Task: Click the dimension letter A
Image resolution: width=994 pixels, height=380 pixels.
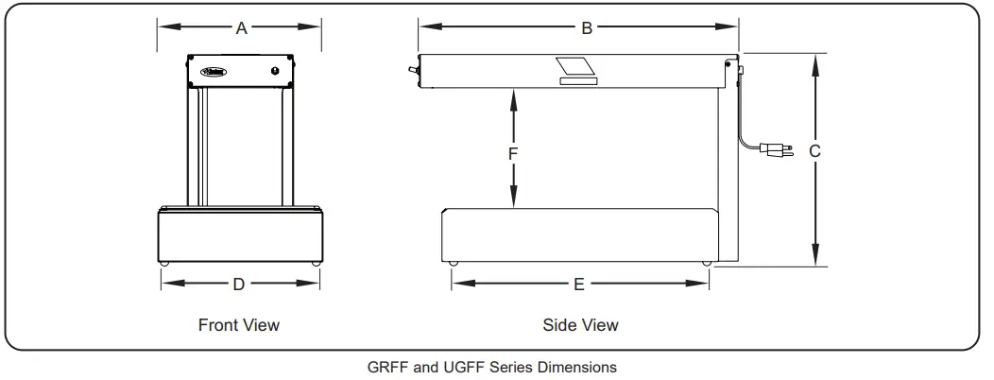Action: pos(241,29)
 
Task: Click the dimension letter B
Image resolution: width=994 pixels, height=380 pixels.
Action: pos(587,28)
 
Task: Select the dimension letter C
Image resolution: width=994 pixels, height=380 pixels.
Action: pos(815,151)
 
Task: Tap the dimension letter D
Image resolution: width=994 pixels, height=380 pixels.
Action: pos(239,284)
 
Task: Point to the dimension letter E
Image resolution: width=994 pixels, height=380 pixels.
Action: pos(579,284)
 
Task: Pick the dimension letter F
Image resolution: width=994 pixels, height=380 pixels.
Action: pos(513,151)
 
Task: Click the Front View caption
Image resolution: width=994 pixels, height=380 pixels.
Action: pos(238,325)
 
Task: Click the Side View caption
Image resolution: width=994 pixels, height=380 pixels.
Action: pos(580,325)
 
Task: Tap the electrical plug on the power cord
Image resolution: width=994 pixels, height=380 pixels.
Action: pos(774,148)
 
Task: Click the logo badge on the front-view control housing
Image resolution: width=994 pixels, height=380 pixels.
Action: pos(209,70)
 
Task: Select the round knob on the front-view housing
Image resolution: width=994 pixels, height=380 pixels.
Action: pos(275,70)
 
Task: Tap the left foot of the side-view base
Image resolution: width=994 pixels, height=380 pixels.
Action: pos(454,262)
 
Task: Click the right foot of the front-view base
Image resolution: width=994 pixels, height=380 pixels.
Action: pos(314,262)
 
